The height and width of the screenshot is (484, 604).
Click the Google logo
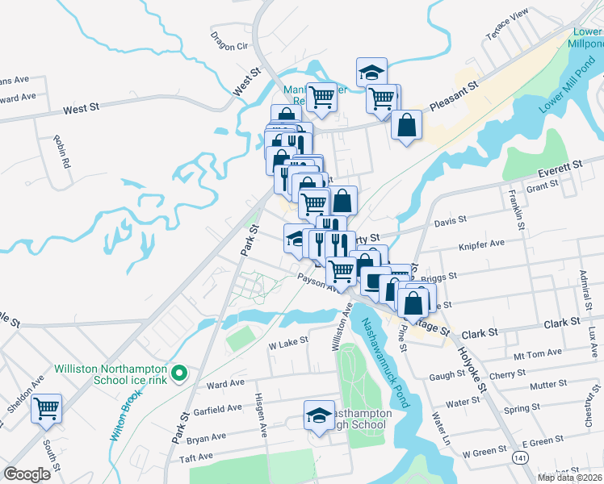click(x=27, y=474)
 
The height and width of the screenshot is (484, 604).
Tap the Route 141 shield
click(x=518, y=457)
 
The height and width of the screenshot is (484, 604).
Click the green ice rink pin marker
click(x=182, y=373)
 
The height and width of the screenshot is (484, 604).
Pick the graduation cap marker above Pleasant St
click(x=372, y=71)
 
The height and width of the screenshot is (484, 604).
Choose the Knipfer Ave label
click(x=481, y=243)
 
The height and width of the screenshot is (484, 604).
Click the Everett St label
click(x=560, y=167)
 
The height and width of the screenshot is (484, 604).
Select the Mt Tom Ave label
click(x=542, y=353)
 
